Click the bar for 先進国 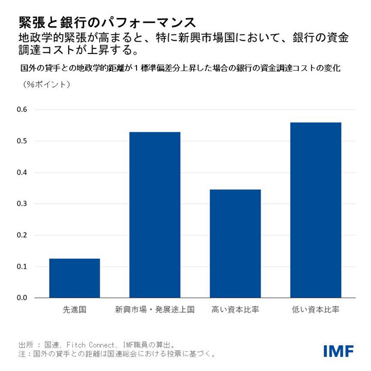pyautogui.click(x=75, y=278)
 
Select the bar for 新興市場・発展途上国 pyautogui.click(x=155, y=215)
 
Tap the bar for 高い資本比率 pyautogui.click(x=235, y=244)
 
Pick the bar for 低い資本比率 pyautogui.click(x=315, y=210)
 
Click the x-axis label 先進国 pyautogui.click(x=75, y=310)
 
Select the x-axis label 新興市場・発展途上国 pyautogui.click(x=155, y=310)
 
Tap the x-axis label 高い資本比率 pyautogui.click(x=235, y=310)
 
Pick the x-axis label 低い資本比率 pyautogui.click(x=315, y=310)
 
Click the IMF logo pyautogui.click(x=339, y=351)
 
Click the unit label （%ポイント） pyautogui.click(x=46, y=84)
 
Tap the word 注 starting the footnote pyautogui.click(x=22, y=355)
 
